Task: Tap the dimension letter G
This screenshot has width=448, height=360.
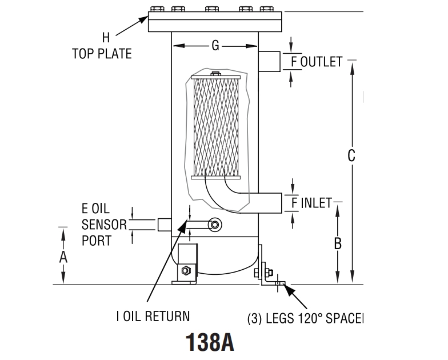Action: [x=215, y=46]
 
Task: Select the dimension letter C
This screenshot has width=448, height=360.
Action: [x=352, y=155]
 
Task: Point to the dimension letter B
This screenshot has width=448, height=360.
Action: [x=338, y=243]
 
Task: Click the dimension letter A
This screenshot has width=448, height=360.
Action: [x=63, y=257]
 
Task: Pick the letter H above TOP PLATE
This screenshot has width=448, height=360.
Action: [x=106, y=38]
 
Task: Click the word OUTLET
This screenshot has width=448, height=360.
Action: [x=321, y=62]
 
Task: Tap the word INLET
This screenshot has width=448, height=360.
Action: [x=316, y=202]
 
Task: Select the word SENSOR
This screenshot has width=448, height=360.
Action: [x=103, y=225]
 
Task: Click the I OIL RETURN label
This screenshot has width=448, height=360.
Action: [x=153, y=316]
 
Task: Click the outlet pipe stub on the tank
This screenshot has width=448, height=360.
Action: [x=270, y=61]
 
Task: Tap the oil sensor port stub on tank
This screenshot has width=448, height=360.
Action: [x=165, y=224]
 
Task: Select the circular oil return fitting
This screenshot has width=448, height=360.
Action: [x=215, y=225]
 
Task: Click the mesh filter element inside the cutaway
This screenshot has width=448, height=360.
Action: [x=215, y=127]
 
